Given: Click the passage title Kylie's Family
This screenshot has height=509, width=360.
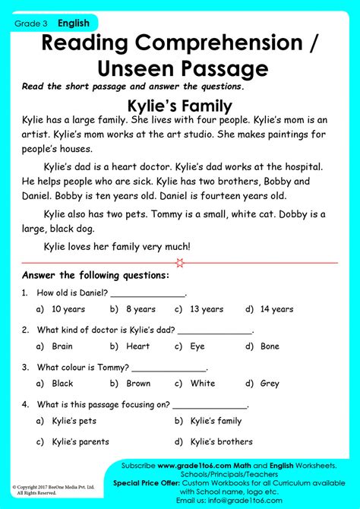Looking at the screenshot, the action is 180,106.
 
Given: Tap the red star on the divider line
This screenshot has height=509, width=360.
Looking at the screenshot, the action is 179,263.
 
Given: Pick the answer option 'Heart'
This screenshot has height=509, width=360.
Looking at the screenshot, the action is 137,346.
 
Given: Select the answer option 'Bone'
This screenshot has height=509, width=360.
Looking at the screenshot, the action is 270,346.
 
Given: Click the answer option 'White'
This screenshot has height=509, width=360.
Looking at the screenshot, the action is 202,384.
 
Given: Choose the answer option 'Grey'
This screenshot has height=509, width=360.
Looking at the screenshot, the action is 270,384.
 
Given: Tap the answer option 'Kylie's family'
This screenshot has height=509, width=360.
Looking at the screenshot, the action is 216,421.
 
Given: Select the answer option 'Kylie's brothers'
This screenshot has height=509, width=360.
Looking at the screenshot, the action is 221,441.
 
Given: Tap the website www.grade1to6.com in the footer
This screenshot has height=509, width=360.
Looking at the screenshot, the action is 201,464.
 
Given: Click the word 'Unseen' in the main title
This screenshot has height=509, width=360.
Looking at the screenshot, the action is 133,67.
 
